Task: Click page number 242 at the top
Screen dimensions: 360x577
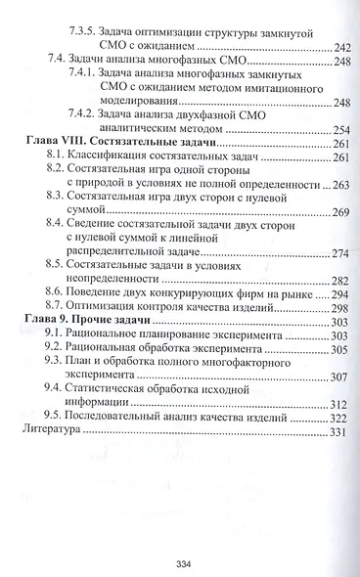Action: tap(342, 47)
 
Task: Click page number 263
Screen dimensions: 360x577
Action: tap(342, 184)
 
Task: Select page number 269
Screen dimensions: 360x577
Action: tap(342, 212)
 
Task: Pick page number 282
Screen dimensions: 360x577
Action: tap(342, 281)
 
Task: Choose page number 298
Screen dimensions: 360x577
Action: tap(342, 307)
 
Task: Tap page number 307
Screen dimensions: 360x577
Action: tap(342, 377)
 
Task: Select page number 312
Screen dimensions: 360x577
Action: tap(342, 404)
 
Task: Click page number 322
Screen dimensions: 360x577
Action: tap(342, 418)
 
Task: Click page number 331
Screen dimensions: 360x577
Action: tap(342, 431)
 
